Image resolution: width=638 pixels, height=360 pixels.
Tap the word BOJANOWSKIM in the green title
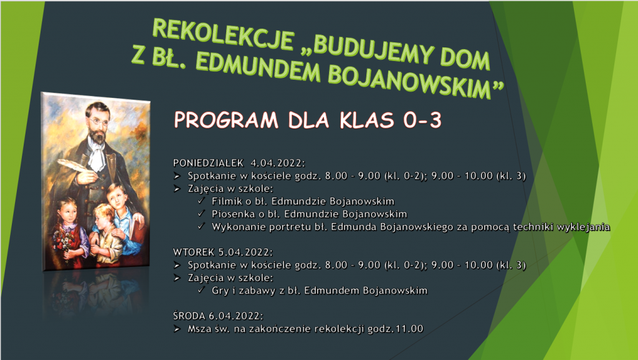(x=415, y=82)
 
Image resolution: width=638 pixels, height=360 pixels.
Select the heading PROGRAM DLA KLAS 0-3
(x=308, y=120)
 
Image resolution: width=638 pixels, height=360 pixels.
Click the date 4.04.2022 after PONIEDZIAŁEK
(x=277, y=163)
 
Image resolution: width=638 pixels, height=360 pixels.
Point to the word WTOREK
(x=194, y=252)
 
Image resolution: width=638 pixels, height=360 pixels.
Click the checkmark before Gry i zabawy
(x=201, y=290)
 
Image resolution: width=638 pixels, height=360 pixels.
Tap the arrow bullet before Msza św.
(x=177, y=329)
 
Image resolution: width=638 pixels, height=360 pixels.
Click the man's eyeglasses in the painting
(x=97, y=121)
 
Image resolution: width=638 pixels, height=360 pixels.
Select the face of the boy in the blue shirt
(x=117, y=198)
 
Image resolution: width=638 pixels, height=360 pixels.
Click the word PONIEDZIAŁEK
(x=208, y=163)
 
